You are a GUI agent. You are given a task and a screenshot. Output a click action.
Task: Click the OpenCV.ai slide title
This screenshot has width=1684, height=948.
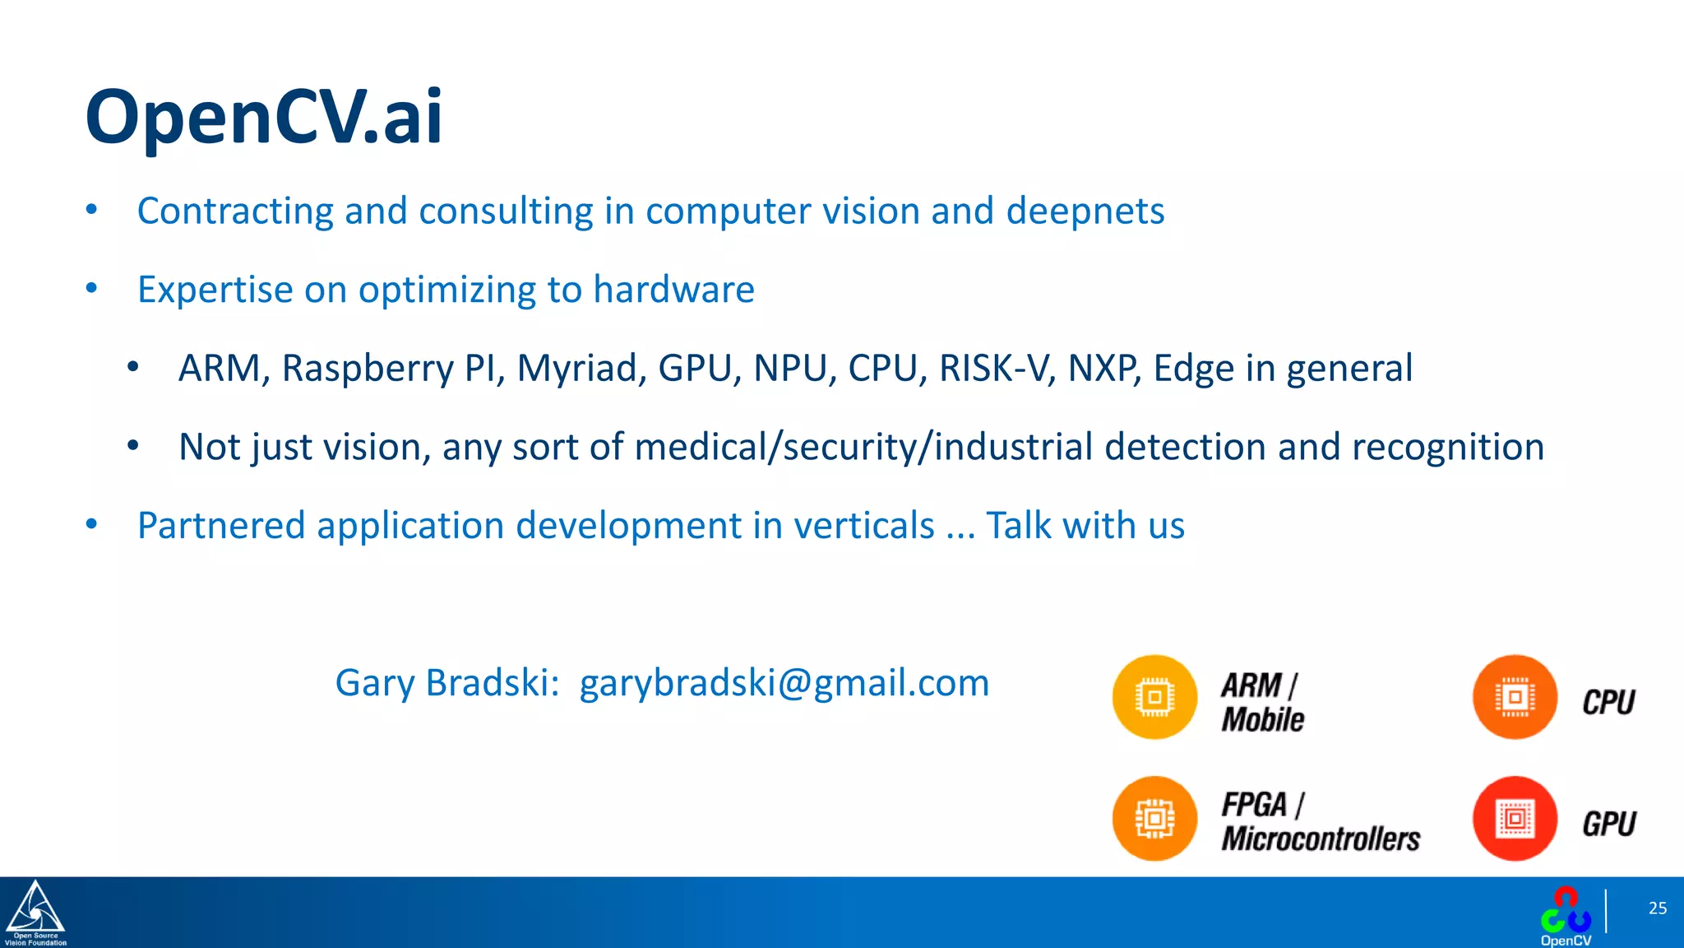263,117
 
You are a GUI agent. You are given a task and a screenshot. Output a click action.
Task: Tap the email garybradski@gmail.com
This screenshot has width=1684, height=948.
784,683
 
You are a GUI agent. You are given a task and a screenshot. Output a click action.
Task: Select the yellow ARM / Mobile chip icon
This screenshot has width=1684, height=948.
1154,697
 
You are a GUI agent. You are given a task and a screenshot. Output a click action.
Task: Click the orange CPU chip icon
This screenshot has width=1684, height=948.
1515,697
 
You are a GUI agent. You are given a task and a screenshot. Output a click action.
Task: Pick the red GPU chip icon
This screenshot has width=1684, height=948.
1515,818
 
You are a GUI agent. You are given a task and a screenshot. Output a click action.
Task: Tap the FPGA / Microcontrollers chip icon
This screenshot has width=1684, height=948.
1154,818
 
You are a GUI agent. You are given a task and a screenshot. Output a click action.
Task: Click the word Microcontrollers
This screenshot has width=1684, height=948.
1321,839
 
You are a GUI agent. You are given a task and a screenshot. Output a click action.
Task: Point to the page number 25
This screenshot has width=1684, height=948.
1657,908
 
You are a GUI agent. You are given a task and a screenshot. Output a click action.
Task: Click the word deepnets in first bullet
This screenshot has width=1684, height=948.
1085,211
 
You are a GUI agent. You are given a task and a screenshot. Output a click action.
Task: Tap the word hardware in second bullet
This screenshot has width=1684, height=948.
673,290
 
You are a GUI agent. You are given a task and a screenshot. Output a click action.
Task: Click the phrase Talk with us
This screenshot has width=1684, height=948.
1085,526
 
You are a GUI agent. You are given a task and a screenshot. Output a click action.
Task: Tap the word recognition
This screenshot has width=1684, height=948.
1447,448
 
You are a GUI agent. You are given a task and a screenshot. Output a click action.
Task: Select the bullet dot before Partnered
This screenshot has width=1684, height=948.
92,524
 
